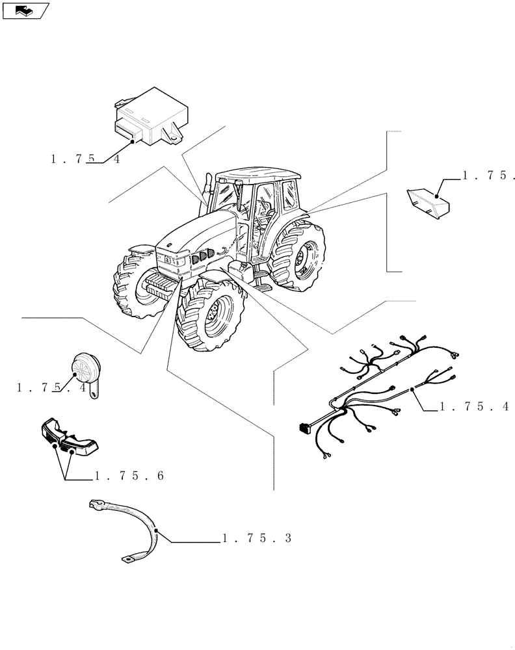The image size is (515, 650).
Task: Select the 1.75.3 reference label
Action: pos(256,539)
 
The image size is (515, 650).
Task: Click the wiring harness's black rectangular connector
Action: pos(302,427)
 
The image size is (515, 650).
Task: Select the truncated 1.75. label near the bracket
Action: pos(488,175)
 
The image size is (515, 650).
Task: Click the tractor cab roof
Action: pos(257,175)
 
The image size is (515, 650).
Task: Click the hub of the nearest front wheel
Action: pos(212,315)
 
